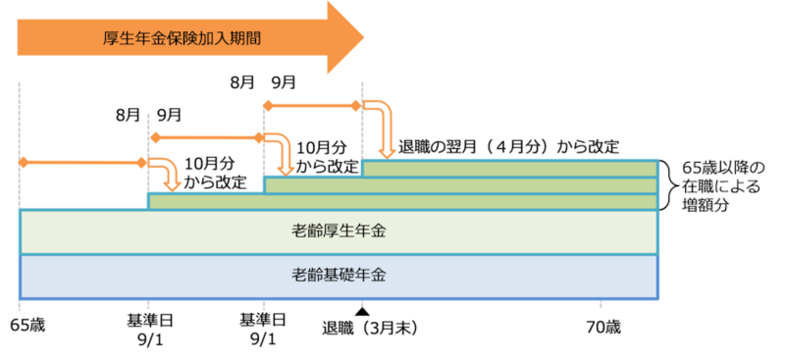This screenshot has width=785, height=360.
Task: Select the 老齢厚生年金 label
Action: point(339,231)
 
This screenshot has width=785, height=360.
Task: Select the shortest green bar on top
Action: point(509,168)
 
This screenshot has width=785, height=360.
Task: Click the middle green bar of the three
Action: point(460,185)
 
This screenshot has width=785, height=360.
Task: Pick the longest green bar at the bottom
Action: point(401,202)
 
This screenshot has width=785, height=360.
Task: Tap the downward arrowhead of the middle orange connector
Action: point(288,167)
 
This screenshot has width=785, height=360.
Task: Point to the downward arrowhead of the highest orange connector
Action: point(388,149)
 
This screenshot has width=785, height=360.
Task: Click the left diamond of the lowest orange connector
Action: point(21,160)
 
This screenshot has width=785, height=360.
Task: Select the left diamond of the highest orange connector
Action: point(265,102)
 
